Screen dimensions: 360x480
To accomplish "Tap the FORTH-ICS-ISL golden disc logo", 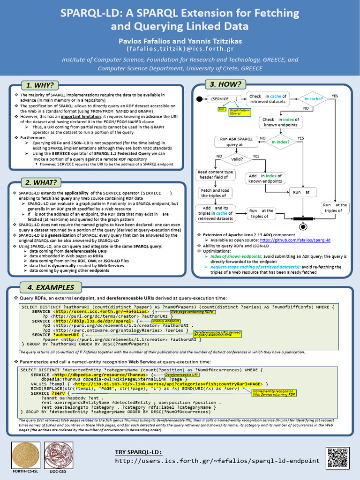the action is (25, 455).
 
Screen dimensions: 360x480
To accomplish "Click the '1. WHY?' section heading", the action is (39, 85).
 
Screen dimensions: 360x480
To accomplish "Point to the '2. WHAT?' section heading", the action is (41, 183).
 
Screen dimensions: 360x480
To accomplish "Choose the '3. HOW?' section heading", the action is (225, 84).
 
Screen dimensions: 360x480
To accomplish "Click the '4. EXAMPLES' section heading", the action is (51, 287).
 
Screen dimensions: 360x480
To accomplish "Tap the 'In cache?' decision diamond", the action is (313, 99).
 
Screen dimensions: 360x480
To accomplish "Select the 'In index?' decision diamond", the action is (280, 142).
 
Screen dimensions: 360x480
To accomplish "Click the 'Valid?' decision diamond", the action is (237, 159).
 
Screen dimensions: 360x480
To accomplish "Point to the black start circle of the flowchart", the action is (199, 99).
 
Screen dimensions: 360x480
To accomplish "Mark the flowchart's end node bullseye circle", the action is (303, 226).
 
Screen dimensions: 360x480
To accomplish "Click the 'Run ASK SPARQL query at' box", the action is (236, 142).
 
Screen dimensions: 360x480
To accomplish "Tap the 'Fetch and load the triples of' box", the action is (215, 193).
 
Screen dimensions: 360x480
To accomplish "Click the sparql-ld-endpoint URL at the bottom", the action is (217, 461).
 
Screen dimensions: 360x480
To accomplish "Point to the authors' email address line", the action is (180, 49).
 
